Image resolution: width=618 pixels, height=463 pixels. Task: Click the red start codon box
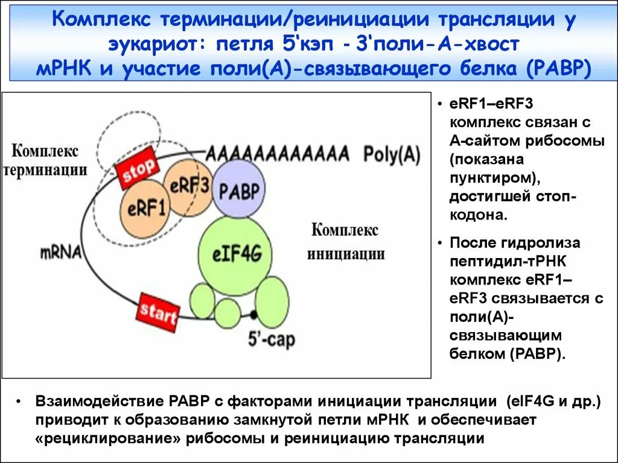click(158, 312)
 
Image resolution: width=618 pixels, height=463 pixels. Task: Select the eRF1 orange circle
click(146, 209)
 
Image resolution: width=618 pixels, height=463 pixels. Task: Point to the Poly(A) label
click(392, 154)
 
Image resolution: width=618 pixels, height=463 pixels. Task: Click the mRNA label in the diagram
click(62, 251)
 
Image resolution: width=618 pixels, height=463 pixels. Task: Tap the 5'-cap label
click(272, 339)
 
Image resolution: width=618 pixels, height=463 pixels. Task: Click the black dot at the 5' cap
click(253, 315)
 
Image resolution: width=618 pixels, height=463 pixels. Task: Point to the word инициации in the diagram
click(346, 253)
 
